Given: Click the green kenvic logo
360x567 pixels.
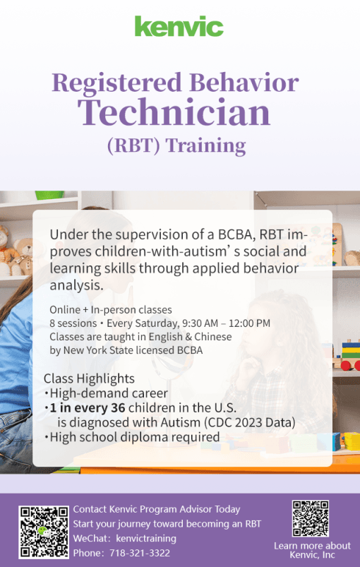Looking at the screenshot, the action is [179, 26].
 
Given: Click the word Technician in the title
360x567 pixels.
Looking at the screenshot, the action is [174, 112].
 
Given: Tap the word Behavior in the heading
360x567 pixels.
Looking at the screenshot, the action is [244, 83].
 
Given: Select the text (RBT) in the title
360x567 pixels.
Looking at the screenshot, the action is [133, 145].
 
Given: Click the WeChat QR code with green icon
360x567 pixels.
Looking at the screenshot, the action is [44, 532].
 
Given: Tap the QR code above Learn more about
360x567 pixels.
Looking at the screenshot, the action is [311, 518].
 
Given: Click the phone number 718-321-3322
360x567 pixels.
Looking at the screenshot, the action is [140, 553].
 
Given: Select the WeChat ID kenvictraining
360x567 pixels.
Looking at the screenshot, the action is [146, 539].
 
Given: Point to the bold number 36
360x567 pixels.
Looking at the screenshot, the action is [118, 408].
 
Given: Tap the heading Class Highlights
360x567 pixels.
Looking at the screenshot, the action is [89, 378].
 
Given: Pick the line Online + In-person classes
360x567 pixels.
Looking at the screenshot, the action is [111, 310].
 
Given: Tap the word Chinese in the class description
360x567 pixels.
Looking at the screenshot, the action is [213, 337].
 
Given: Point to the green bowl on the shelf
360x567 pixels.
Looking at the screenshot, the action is [49, 196].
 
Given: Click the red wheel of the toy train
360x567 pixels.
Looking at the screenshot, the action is [346, 365].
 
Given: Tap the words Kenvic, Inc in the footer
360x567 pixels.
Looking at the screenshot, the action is [312, 555].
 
